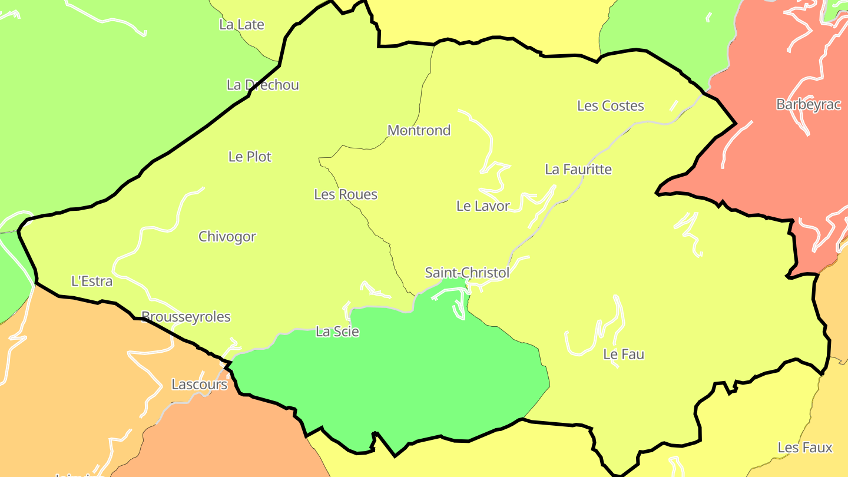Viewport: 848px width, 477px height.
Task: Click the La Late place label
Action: [241, 25]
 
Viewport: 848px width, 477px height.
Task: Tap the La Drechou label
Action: [263, 85]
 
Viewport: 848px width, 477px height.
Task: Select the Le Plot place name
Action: [250, 157]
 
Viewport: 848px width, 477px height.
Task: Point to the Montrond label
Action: [419, 130]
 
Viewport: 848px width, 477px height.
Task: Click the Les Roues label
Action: [346, 194]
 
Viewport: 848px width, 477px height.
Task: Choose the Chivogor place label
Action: [227, 237]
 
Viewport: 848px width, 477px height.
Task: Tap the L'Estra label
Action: [92, 281]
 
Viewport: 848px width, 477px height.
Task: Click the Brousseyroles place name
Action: [186, 317]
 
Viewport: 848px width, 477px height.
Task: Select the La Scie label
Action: [337, 332]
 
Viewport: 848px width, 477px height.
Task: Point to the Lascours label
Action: [199, 385]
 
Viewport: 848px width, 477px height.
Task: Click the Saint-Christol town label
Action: [467, 273]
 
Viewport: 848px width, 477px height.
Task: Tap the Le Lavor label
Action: [483, 206]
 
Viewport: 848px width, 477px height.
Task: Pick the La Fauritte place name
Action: [578, 170]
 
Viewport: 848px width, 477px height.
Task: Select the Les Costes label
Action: [611, 106]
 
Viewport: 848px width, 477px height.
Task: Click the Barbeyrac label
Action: [808, 105]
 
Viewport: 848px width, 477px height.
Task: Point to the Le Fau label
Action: [624, 355]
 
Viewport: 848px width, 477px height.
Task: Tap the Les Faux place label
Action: [805, 448]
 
